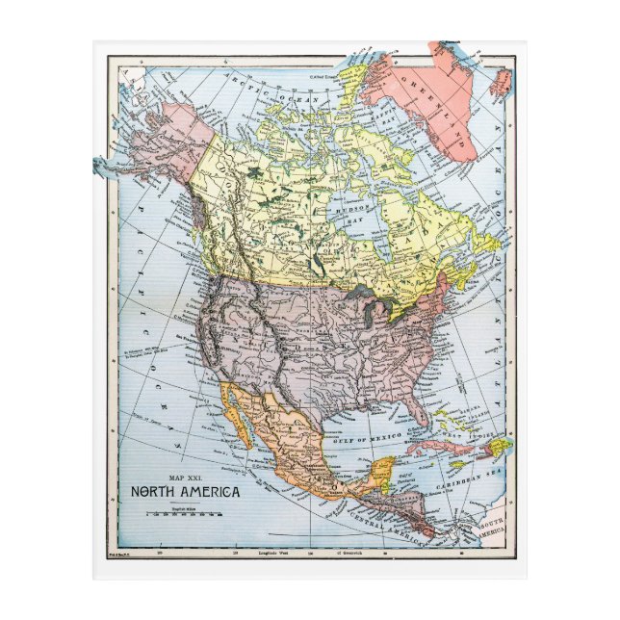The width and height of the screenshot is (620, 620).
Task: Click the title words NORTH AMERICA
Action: [187, 490]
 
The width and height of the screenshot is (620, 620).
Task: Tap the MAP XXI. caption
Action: [187, 476]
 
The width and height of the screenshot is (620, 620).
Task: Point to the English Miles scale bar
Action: [187, 512]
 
